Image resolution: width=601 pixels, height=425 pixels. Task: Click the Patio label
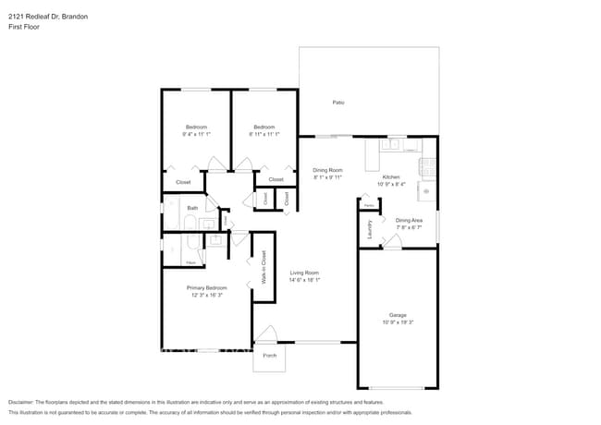point(338,102)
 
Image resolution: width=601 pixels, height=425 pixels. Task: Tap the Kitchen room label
point(391,176)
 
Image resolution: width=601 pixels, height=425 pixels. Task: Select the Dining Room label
point(327,170)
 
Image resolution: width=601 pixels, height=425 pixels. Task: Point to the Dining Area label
point(409,220)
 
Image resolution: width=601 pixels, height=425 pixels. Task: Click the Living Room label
point(304,273)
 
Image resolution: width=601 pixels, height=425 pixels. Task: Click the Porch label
point(270,356)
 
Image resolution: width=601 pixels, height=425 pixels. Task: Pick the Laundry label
point(370,230)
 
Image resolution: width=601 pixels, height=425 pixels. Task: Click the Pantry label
point(367,205)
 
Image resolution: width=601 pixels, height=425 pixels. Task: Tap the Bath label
point(192,208)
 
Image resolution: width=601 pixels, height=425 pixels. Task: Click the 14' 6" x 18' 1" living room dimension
point(304,280)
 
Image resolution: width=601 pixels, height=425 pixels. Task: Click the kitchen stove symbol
point(427,168)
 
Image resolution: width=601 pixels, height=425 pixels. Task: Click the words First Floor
point(26,27)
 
